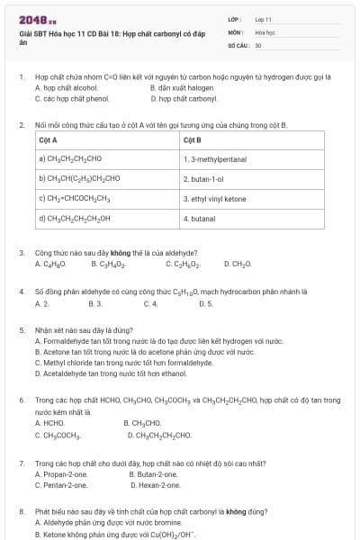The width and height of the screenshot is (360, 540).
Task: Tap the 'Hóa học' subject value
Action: coord(264,31)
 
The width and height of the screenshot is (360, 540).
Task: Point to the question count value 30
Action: coord(258,44)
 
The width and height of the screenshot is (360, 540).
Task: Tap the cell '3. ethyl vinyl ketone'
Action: coord(215,198)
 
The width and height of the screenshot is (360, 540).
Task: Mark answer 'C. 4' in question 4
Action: coord(149,303)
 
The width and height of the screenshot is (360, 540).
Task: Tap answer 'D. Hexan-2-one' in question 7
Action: coord(159,484)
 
